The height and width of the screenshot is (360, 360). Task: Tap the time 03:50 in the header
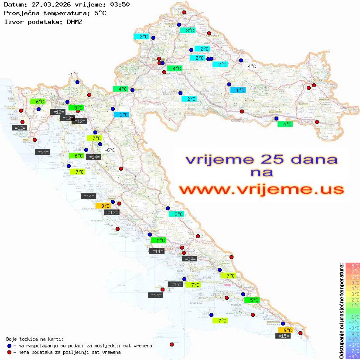click(x=119, y=4)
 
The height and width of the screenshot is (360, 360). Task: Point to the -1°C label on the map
click(x=73, y=75)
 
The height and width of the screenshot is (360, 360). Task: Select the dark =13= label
click(x=112, y=213)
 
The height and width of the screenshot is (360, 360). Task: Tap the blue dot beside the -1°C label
click(x=77, y=82)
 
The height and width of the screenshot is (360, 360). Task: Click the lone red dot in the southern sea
click(x=171, y=344)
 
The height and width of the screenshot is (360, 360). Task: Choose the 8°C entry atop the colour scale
click(x=353, y=266)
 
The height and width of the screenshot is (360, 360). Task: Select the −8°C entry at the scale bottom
click(x=353, y=356)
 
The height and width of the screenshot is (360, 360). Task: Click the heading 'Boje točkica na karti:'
click(x=34, y=339)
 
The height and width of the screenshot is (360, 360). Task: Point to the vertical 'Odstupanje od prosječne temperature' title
click(x=341, y=311)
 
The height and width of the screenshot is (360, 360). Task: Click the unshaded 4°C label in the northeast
click(x=252, y=66)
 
